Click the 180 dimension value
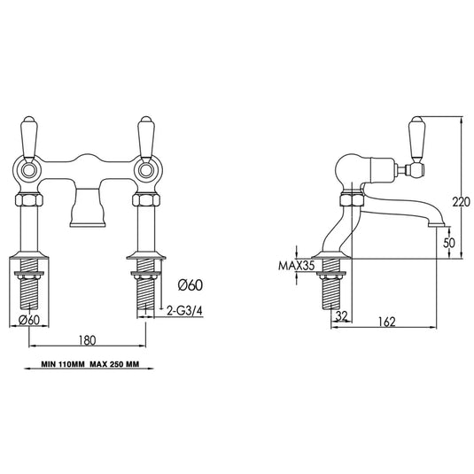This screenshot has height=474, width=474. click(x=87, y=338)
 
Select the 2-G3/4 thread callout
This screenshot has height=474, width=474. click(x=190, y=311)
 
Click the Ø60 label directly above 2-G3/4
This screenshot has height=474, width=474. click(x=189, y=285)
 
